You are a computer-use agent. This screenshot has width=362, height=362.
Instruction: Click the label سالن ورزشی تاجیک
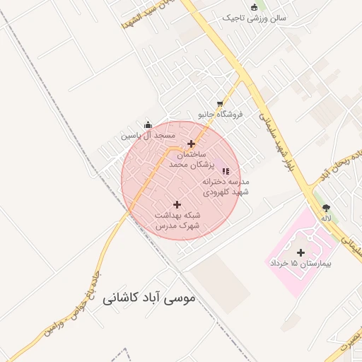pos(254,18)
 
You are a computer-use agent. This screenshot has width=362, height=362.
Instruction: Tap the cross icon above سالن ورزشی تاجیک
pos(254,7)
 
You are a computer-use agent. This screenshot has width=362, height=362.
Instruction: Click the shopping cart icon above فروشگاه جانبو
pos(220,104)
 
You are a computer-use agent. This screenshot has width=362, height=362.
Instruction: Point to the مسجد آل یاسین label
pos(147,135)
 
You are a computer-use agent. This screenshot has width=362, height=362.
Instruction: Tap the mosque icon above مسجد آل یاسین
pos(148,125)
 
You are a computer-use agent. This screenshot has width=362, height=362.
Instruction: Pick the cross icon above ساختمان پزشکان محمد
pos(191,144)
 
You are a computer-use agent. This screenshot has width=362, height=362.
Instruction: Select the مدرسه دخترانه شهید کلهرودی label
pos(226,186)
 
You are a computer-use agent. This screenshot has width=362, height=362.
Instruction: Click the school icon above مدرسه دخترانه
pos(226,170)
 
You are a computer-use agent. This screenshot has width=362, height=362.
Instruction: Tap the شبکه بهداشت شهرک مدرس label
pos(177,219)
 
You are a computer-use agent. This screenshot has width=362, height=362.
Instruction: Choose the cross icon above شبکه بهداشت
pos(177,204)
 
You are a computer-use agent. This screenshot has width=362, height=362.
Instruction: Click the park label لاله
pos(326,218)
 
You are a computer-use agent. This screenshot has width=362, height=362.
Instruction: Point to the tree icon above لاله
pos(326,208)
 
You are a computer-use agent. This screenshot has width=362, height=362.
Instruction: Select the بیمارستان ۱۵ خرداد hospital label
pos(300,263)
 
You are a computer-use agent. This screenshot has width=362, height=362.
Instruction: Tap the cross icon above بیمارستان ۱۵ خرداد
pos(300,252)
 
